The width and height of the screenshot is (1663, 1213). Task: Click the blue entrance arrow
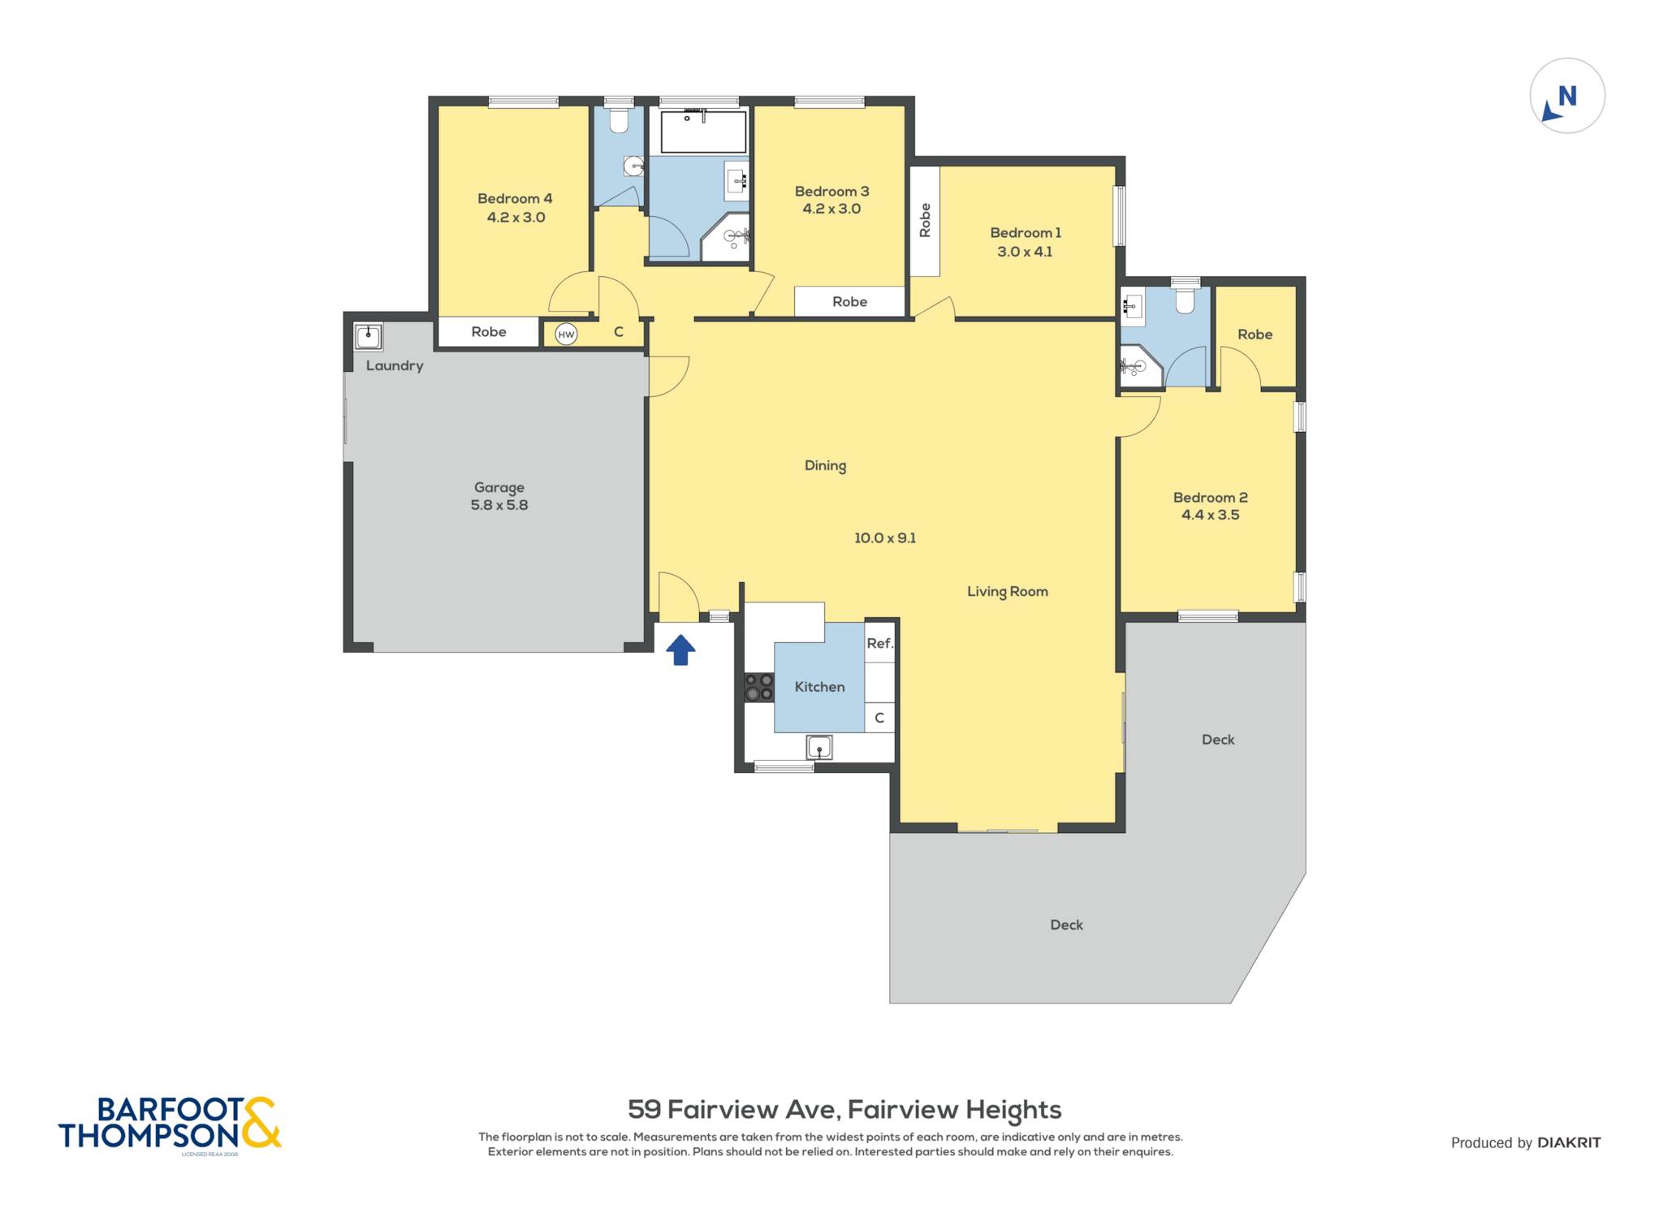click(x=680, y=650)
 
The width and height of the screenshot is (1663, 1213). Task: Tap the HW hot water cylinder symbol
click(x=566, y=334)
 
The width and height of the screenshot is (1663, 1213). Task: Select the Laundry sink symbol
click(x=369, y=335)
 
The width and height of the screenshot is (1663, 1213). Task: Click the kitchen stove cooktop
click(x=759, y=687)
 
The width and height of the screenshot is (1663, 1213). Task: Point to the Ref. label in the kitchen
click(x=879, y=643)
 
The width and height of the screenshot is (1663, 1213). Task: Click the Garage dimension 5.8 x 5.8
click(x=499, y=505)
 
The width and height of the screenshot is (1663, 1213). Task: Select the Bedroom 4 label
click(x=515, y=198)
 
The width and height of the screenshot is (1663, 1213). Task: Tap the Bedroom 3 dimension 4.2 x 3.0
click(x=831, y=209)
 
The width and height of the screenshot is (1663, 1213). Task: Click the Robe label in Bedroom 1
click(x=924, y=220)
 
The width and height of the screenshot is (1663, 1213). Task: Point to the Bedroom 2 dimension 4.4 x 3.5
click(x=1210, y=515)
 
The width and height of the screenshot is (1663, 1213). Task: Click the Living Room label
click(x=1007, y=592)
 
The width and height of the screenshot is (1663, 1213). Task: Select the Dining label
click(x=825, y=465)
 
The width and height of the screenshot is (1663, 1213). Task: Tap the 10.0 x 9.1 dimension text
click(x=885, y=537)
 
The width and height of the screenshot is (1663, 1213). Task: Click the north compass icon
click(x=1567, y=96)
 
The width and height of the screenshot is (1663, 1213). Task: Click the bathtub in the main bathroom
click(x=703, y=132)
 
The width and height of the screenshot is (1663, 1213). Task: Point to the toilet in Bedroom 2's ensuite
click(x=1186, y=298)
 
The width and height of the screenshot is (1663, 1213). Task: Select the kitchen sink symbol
click(x=819, y=746)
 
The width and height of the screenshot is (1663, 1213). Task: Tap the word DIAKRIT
click(x=1569, y=1142)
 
